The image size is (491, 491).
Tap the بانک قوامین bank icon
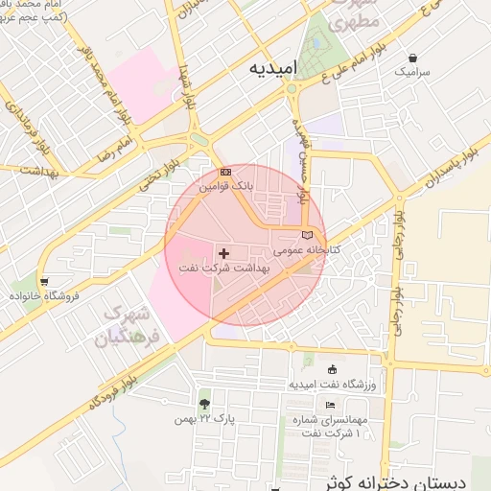(225, 173)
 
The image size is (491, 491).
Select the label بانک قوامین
(225, 188)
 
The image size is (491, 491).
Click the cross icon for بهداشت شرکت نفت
(224, 253)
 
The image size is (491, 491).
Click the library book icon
(307, 235)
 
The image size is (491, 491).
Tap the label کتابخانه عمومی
(307, 250)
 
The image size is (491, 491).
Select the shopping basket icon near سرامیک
(412, 58)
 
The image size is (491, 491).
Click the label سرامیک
(412, 72)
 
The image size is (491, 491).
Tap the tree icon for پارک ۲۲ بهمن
(204, 403)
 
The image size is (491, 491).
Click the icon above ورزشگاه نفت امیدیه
(332, 370)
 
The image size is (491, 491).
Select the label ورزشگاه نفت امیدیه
(332, 385)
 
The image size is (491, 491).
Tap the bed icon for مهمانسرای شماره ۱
(330, 405)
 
